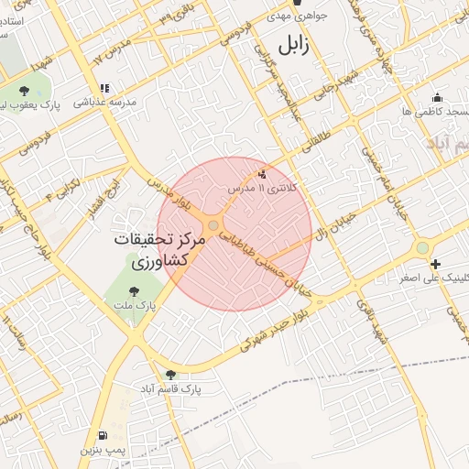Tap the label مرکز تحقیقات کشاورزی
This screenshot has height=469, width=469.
coord(152,250)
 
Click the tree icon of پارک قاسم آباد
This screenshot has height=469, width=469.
coord(171,374)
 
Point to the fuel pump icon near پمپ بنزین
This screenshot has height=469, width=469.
coord(100,435)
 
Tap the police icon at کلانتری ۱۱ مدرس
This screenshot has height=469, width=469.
coord(265,173)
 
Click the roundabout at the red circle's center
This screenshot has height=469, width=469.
coord(213,225)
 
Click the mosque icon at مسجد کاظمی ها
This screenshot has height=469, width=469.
coord(437,98)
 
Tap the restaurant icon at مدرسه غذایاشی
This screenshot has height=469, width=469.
coord(104,89)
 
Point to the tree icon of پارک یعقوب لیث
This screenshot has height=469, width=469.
coord(25,92)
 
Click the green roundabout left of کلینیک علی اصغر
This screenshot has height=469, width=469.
coord(421,247)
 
